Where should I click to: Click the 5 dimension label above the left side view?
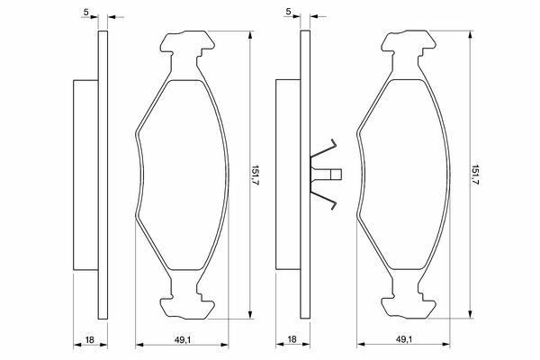tap(86, 12)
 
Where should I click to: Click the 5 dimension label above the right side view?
tap(288, 12)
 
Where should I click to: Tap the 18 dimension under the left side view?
tap(89, 339)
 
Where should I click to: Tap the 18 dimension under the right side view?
tap(292, 339)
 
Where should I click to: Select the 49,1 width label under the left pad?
tap(182, 339)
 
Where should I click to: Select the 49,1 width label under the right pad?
tap(403, 339)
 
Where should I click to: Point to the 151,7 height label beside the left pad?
tap(256, 175)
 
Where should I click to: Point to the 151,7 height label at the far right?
tap(475, 175)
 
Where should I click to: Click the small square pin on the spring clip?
tap(336, 175)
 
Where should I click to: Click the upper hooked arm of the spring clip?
tap(323, 148)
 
